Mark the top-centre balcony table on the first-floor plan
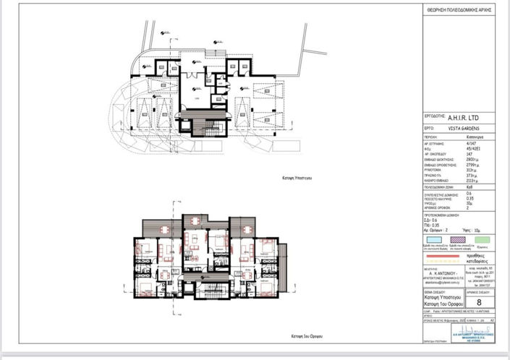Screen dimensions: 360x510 [194, 220]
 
